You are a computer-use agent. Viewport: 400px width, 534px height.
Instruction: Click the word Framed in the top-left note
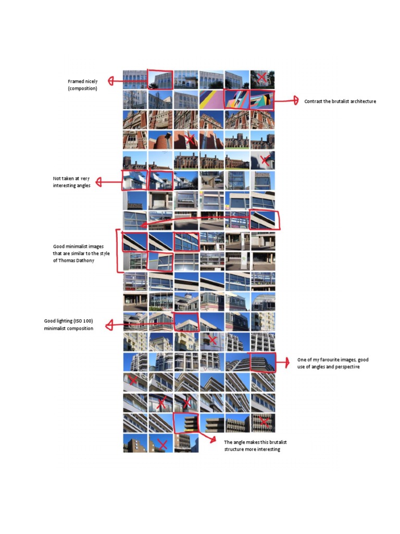[76, 81]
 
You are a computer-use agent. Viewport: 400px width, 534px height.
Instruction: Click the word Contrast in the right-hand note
[314, 101]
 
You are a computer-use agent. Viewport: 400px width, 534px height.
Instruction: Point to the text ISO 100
[83, 321]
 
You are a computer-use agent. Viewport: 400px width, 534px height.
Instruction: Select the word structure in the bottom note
[237, 450]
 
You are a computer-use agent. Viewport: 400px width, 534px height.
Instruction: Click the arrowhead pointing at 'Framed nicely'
[110, 81]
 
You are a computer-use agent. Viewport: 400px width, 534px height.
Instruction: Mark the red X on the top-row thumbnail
[262, 78]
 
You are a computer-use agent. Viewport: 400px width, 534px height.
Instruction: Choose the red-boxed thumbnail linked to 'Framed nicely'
[160, 79]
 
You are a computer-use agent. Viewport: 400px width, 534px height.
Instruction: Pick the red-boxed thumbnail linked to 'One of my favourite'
[262, 361]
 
